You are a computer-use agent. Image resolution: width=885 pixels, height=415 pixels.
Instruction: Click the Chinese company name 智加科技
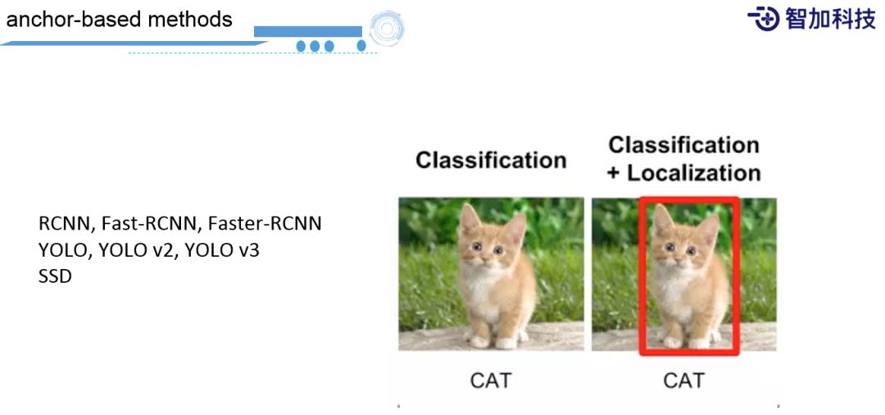tap(830, 18)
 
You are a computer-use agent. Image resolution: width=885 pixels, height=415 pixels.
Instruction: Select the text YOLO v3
tap(221, 250)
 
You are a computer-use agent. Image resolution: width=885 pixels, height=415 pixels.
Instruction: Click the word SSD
tap(55, 276)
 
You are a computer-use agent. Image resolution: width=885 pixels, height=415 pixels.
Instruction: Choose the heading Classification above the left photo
tap(491, 160)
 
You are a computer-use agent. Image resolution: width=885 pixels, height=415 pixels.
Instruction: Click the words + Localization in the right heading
tap(683, 173)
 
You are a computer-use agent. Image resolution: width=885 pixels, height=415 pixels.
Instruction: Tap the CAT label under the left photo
tap(490, 381)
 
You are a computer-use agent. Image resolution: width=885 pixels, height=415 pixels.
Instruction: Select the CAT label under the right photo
tap(683, 381)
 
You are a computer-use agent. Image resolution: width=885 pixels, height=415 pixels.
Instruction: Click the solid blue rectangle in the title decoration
tap(307, 31)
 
